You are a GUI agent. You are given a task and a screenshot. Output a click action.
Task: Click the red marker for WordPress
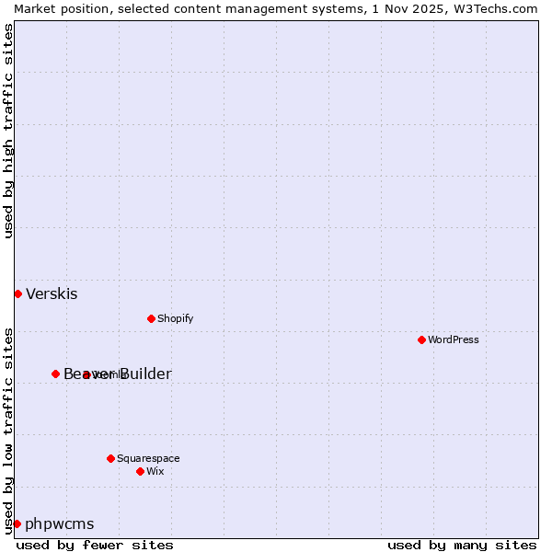(421, 339)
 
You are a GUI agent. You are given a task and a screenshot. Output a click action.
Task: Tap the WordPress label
(454, 339)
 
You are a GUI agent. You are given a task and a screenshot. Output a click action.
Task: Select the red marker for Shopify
(151, 318)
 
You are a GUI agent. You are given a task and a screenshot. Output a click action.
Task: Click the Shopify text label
(175, 318)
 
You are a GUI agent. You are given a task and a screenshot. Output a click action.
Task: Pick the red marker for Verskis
(17, 293)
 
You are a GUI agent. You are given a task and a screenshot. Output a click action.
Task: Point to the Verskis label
(52, 294)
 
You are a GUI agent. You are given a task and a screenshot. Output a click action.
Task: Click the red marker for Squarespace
(110, 458)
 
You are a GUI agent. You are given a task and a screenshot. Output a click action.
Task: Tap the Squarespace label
(148, 458)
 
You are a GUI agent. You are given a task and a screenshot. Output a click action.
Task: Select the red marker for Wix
(140, 471)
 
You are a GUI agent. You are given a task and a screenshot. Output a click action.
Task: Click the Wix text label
(155, 471)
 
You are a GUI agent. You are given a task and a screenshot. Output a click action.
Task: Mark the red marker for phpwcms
(17, 523)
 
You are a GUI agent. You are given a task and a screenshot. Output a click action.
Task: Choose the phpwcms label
(60, 524)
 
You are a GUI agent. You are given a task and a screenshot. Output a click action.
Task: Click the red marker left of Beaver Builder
(55, 374)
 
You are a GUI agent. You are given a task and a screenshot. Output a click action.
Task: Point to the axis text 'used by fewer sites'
(95, 545)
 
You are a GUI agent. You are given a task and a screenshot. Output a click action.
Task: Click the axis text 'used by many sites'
(462, 545)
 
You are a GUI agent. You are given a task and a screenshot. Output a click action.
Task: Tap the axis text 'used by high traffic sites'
(8, 131)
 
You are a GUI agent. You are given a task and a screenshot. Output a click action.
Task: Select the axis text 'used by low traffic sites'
(8, 430)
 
